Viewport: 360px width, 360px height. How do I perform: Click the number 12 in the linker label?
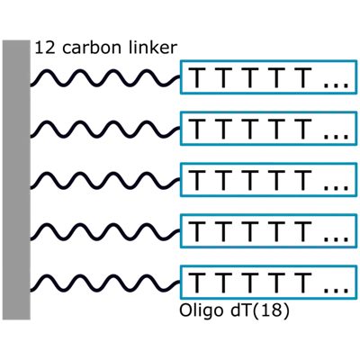coord(45,48)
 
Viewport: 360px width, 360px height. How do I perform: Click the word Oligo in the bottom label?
coord(201,311)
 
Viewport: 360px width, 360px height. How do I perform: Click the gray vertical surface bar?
coord(16,180)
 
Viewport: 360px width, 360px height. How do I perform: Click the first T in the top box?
coord(197,78)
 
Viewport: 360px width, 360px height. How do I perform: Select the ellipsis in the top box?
coord(336,85)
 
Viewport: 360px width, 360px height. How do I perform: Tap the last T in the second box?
coord(302,130)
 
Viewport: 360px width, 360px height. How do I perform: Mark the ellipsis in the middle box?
coord(336,187)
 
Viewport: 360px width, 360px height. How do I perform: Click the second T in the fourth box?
coord(223,232)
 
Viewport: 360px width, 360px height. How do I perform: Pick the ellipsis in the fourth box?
coord(336,238)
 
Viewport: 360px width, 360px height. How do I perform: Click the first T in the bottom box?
coord(197,283)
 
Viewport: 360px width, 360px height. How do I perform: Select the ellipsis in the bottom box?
coord(336,290)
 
